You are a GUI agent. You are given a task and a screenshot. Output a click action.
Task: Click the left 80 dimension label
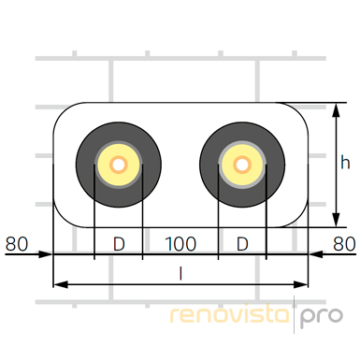click(x=17, y=244)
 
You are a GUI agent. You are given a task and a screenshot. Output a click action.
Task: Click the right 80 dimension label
click(x=344, y=244)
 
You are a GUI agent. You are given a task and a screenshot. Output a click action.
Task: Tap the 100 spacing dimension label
click(x=180, y=244)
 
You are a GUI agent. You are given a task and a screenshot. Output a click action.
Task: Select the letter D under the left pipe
click(x=119, y=244)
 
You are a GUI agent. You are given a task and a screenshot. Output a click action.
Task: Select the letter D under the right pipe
click(x=242, y=244)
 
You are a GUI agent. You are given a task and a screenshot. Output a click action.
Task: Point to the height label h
click(x=345, y=162)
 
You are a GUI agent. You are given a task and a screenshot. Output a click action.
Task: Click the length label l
click(x=180, y=274)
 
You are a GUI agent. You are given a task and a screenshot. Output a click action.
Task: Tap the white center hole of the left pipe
click(x=119, y=165)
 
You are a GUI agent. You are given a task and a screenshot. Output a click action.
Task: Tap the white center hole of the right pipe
click(x=242, y=165)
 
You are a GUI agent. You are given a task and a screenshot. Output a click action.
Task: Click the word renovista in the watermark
click(x=229, y=314)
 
